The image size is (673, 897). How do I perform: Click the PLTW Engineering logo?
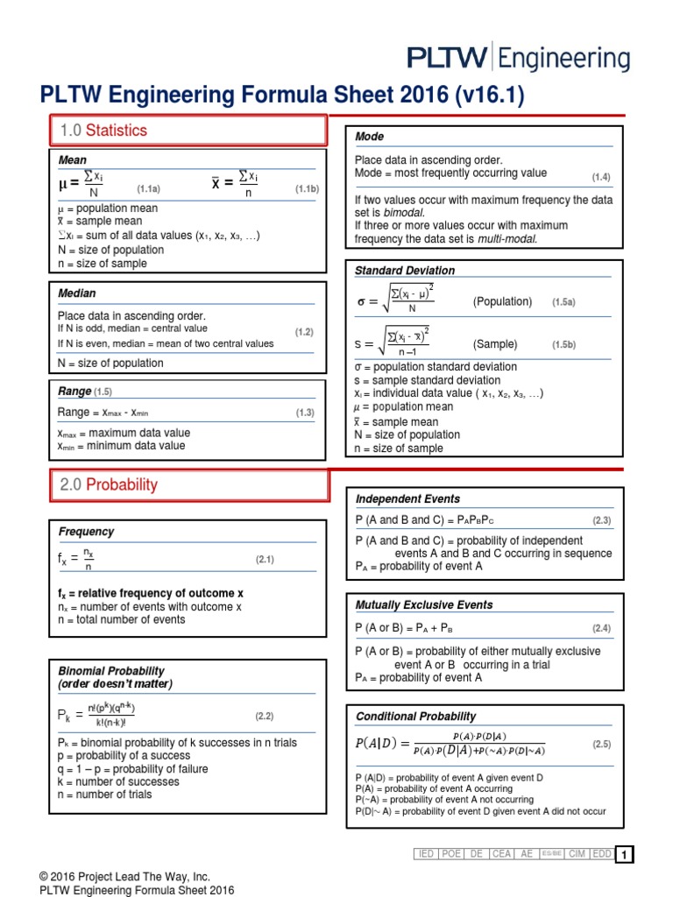[x=519, y=59]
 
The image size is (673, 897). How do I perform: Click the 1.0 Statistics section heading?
[x=103, y=131]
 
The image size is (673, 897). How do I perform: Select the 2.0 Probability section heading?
[x=109, y=484]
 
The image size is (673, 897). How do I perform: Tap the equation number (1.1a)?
[x=148, y=188]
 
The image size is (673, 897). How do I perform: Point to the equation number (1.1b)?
[x=307, y=188]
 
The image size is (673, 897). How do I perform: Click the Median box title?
[x=77, y=293]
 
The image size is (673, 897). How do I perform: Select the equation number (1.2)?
[x=304, y=332]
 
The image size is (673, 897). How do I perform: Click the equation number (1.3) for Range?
[x=304, y=413]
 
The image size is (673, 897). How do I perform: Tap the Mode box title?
[x=369, y=137]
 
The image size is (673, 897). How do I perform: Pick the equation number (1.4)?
[x=600, y=177]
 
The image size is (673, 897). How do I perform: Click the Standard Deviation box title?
[x=404, y=271]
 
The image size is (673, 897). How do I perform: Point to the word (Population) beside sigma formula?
[x=502, y=302]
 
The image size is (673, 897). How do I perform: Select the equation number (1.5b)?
[x=563, y=345]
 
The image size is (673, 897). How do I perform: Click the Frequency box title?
[x=86, y=532]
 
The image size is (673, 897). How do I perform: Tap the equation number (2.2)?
[x=265, y=716]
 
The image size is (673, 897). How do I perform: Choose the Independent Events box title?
[x=407, y=499]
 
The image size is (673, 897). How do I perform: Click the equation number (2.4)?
[x=600, y=628]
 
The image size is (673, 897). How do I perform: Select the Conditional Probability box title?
[x=415, y=717]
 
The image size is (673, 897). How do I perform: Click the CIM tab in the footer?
[x=577, y=854]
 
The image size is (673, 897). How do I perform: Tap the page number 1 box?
[x=624, y=855]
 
